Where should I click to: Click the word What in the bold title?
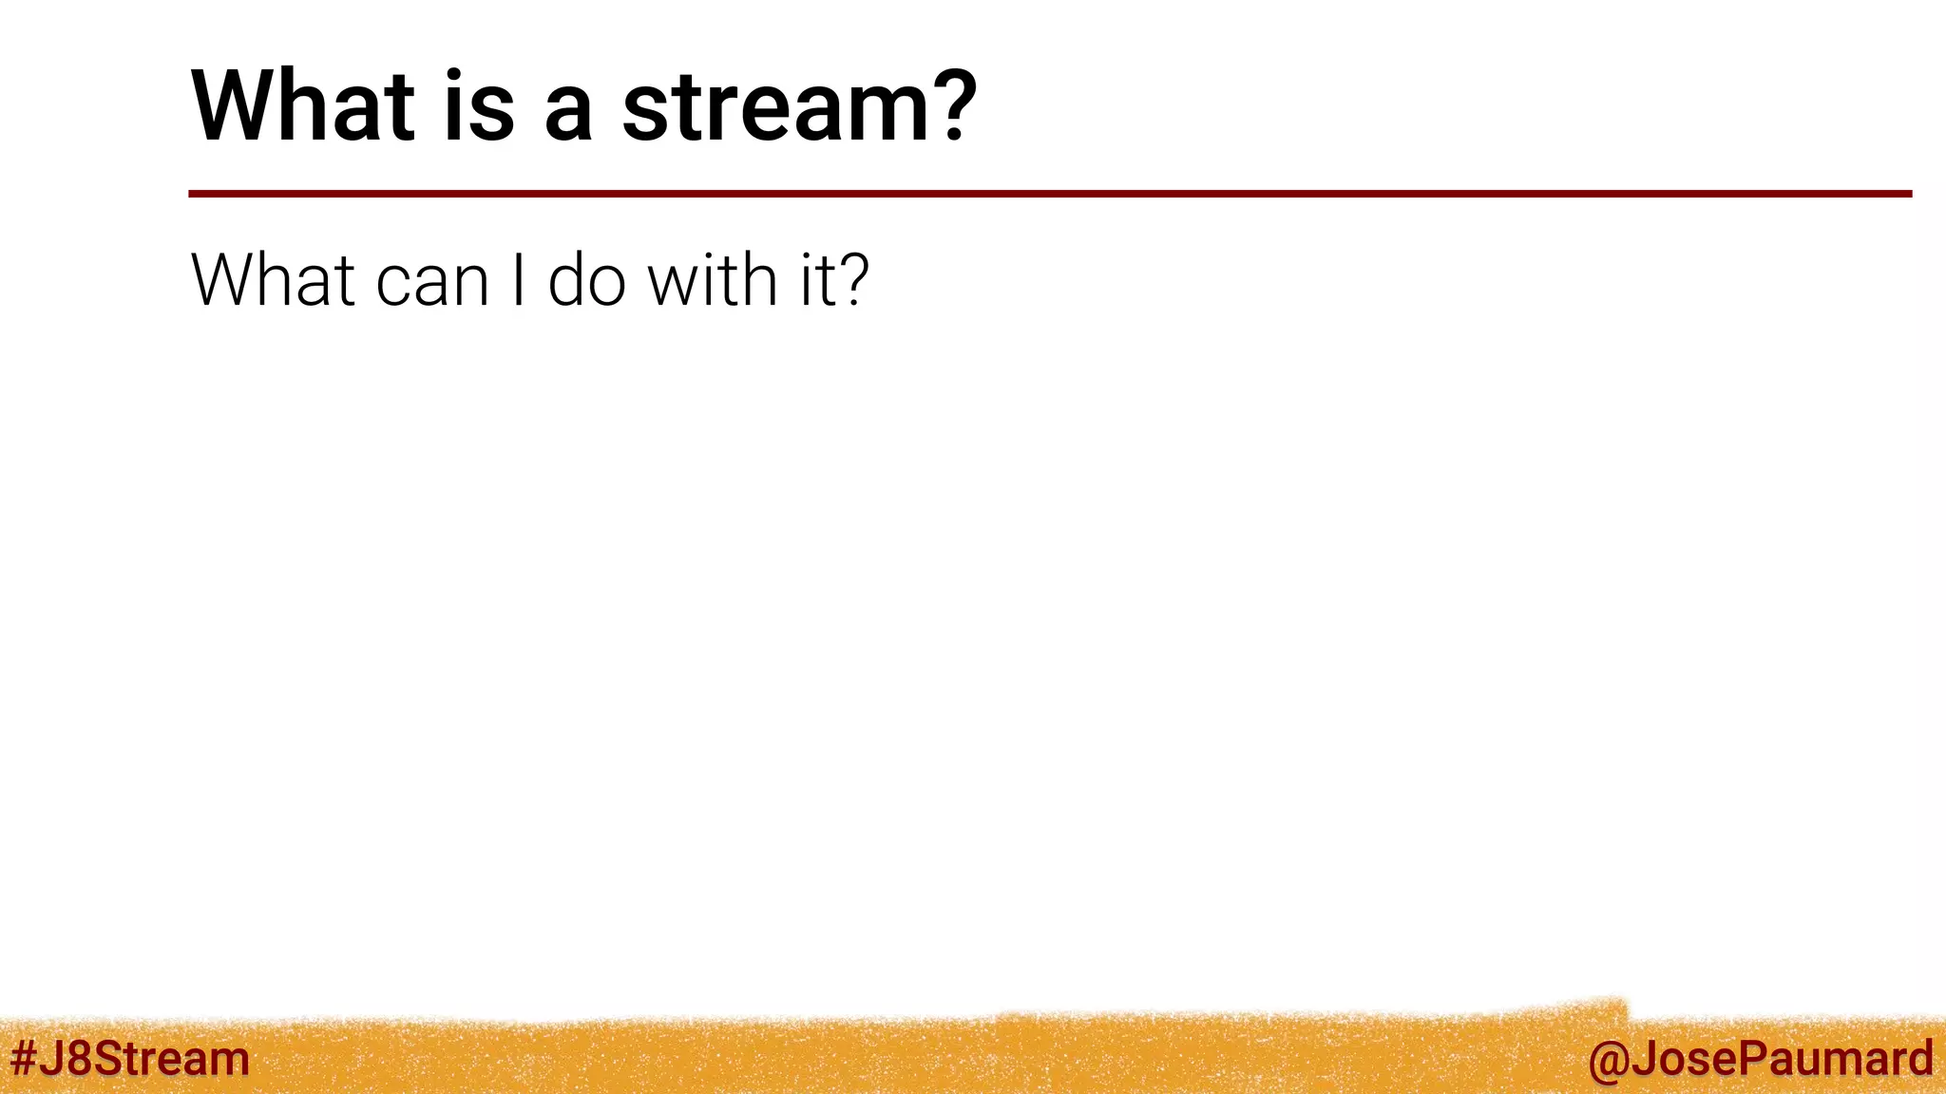point(302,106)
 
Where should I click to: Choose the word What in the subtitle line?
point(274,281)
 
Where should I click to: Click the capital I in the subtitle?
point(518,281)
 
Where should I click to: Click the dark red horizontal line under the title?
point(1045,194)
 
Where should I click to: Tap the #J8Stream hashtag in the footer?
point(129,1058)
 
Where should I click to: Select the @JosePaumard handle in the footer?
point(1760,1058)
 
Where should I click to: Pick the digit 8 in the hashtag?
point(78,1058)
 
